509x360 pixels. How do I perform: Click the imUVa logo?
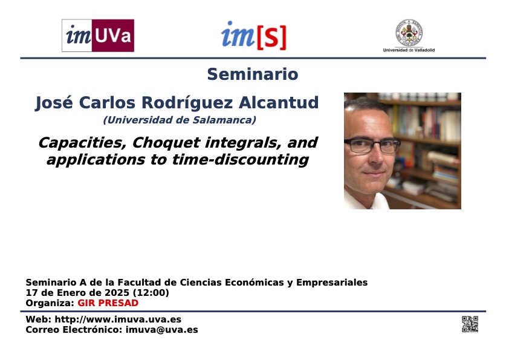coord(98,36)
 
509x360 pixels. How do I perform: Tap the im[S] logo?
coord(254,36)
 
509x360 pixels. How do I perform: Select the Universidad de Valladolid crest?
coord(409,33)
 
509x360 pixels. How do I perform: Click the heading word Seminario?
coord(253,74)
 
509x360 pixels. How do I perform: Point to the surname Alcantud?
coord(279,103)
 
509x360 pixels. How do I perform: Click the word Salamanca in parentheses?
coord(224,120)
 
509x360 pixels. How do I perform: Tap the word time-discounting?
coord(240,160)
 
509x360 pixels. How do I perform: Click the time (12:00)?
coord(151,293)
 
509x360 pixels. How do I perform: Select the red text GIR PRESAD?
coord(108,303)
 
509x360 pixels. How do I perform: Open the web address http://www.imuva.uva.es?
coord(118,319)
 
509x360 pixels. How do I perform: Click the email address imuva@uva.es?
coord(161,330)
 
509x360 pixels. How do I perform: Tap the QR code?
coord(470,324)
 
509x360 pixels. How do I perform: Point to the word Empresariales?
coord(332,283)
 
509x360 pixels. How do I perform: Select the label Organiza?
coord(50,303)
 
